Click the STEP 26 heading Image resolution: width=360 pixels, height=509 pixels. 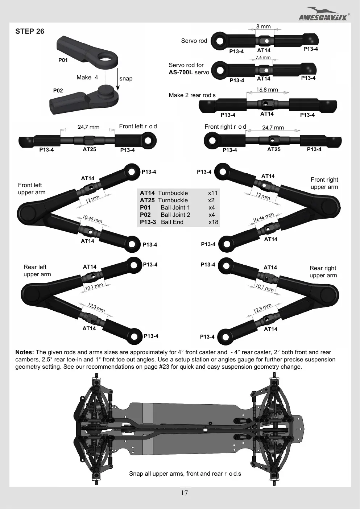click(30, 31)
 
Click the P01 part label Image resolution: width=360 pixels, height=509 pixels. click(63, 60)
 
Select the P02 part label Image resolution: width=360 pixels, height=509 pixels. click(58, 90)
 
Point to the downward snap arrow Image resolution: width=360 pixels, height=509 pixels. click(118, 79)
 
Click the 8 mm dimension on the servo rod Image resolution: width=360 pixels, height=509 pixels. click(264, 26)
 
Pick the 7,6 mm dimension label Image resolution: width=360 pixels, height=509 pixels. click(263, 58)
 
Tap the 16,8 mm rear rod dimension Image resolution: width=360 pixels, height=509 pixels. click(267, 90)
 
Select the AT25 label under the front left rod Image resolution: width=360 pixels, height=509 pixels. click(89, 149)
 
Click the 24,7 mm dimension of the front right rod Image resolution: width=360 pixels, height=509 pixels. click(273, 128)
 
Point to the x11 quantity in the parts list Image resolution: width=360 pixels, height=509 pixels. click(213, 193)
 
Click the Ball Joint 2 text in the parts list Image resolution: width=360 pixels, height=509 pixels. click(175, 215)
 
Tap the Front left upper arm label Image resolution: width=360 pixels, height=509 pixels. click(32, 189)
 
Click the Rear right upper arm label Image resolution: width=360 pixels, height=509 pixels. click(323, 272)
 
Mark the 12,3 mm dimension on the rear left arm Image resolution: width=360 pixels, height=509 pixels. click(96, 308)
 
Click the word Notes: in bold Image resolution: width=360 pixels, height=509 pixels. click(25, 352)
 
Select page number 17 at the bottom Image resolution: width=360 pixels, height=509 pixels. click(184, 493)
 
